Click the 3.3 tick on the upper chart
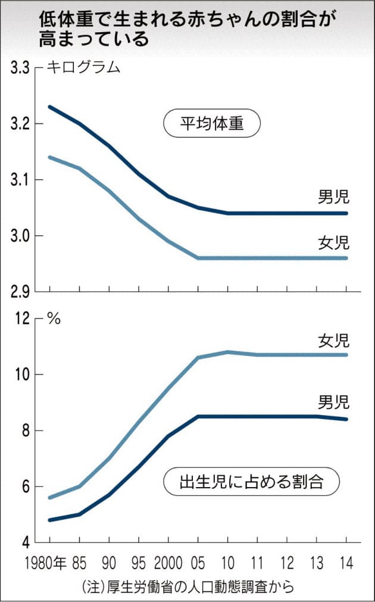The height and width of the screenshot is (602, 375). (20, 68)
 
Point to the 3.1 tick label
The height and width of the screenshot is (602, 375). (20, 180)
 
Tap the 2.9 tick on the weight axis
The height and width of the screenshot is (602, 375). (20, 292)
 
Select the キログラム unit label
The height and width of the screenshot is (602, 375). (83, 67)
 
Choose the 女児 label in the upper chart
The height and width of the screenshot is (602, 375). (333, 243)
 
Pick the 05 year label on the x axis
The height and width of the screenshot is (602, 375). (198, 563)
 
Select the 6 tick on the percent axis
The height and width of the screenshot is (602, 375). (26, 486)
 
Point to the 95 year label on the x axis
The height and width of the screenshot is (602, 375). (139, 563)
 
